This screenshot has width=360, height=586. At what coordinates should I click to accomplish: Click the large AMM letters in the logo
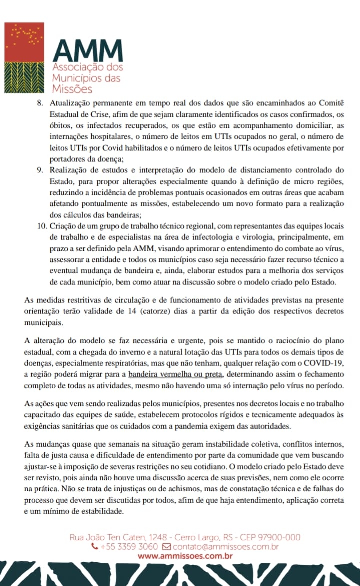tap(87, 50)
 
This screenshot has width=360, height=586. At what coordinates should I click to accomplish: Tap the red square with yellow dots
tap(23, 40)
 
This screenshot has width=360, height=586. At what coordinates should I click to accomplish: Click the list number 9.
tap(41, 170)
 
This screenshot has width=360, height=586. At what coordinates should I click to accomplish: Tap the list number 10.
tap(39, 226)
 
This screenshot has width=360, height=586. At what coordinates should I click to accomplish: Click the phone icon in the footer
tap(95, 547)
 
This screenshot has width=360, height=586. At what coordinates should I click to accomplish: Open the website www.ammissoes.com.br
tap(185, 556)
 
